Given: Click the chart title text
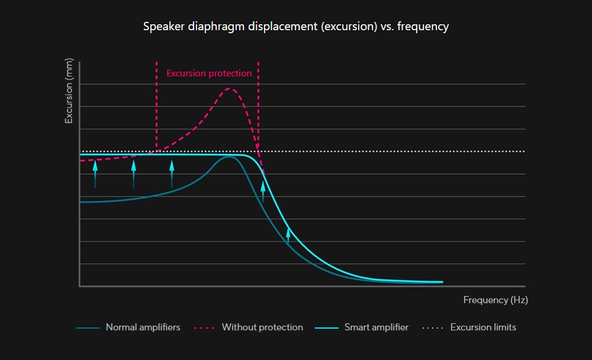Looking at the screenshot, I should (x=296, y=27).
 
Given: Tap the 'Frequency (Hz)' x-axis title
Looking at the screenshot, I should (x=496, y=300).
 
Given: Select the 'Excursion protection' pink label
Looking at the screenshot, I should (x=209, y=73).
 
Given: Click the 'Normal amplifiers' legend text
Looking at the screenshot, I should (x=143, y=327).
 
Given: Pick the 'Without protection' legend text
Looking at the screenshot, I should (x=262, y=327).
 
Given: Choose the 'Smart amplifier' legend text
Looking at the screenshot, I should (x=377, y=327).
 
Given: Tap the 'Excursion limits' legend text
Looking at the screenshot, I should (x=483, y=327).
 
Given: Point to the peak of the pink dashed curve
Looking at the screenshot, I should (x=230, y=88).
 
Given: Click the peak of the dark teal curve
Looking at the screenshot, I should (x=229, y=157).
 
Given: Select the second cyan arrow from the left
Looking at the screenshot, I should (x=134, y=173).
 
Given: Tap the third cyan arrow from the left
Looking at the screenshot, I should (x=172, y=173).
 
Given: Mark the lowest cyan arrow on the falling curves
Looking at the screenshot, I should (x=288, y=235).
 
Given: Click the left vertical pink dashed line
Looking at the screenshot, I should (x=156, y=107).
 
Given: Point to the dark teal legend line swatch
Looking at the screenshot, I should (x=87, y=327).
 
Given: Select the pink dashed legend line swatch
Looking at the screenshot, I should (x=204, y=327).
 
